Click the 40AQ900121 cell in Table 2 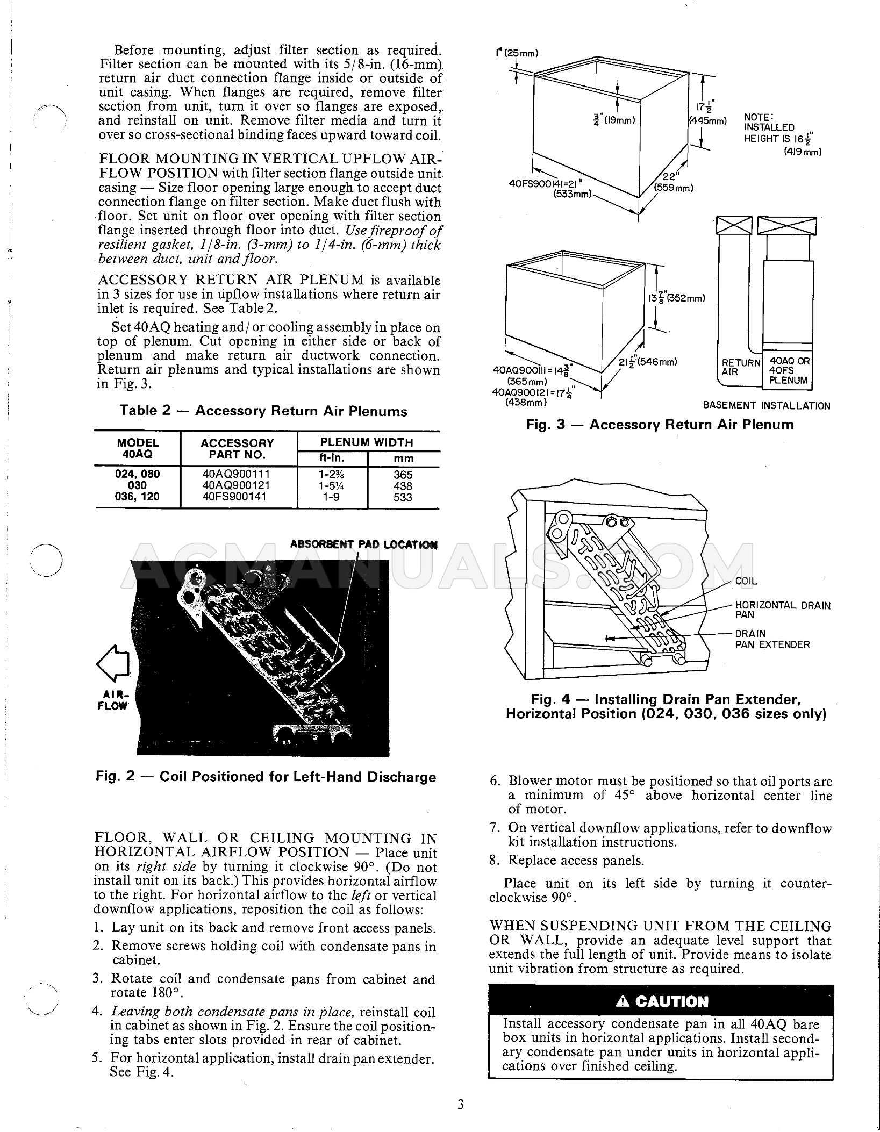click(237, 485)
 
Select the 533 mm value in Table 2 click(403, 497)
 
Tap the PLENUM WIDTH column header click(367, 442)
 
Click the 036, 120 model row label click(138, 497)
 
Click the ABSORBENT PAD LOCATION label click(363, 544)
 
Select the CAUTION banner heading click(662, 1001)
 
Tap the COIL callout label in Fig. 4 click(746, 581)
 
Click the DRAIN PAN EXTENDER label click(772, 639)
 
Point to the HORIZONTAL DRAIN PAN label click(782, 610)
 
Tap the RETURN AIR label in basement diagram click(740, 367)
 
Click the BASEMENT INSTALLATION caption click(766, 406)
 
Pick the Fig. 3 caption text click(659, 425)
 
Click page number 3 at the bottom click(460, 1105)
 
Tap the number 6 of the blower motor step click(495, 782)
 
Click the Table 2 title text click(263, 411)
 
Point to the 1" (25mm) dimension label click(517, 53)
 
